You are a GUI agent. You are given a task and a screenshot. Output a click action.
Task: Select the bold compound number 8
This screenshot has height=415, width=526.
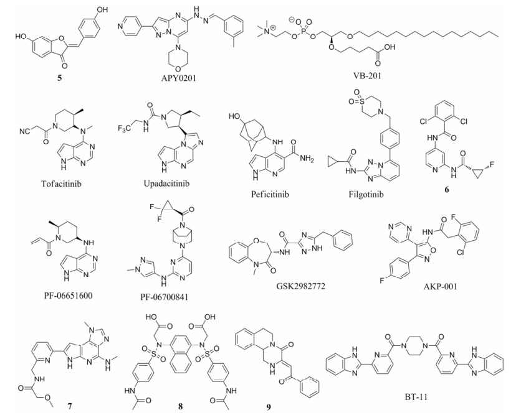click(x=181, y=406)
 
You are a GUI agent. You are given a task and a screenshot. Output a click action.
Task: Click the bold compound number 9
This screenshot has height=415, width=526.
click(x=269, y=406)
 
